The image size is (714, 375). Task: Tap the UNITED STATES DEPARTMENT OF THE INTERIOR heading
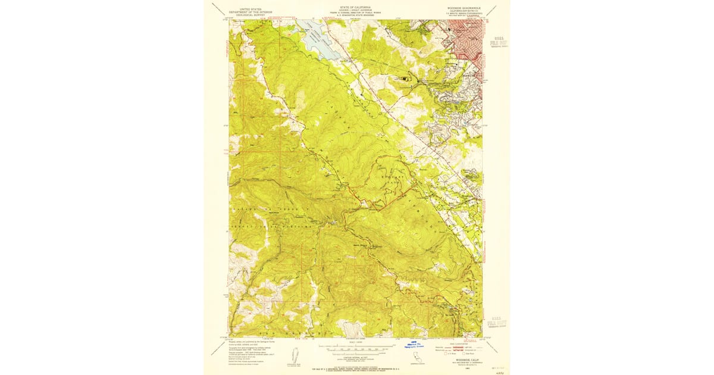[250, 10]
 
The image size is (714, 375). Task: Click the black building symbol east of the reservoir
[407, 77]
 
